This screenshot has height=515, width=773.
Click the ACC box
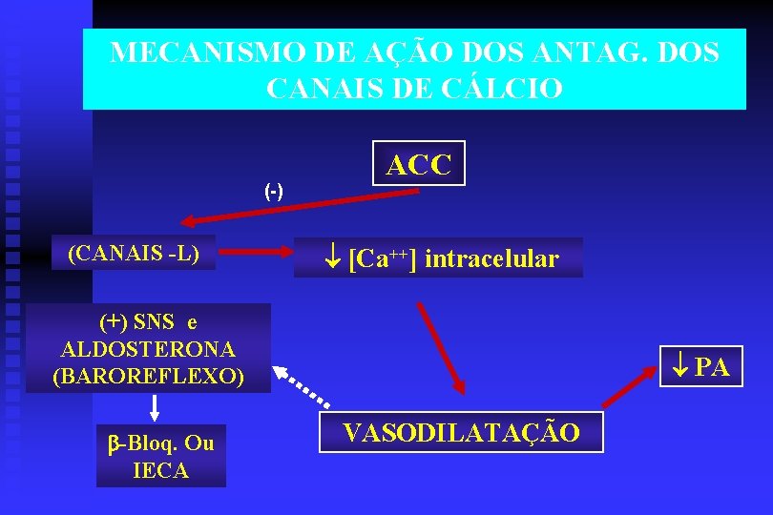click(x=418, y=164)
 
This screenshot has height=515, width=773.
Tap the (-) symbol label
click(x=274, y=191)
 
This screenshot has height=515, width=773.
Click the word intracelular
click(x=491, y=258)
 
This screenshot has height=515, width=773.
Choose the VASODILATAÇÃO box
click(x=461, y=433)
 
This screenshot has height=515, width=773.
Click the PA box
click(x=701, y=366)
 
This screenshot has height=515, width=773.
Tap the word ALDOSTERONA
click(x=148, y=349)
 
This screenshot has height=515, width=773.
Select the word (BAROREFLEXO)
click(x=148, y=376)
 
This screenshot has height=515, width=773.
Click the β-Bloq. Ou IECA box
click(x=160, y=456)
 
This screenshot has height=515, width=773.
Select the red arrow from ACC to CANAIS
click(x=300, y=206)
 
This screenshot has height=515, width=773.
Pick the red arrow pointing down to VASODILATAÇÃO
click(x=440, y=347)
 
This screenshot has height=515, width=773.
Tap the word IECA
click(x=160, y=470)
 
